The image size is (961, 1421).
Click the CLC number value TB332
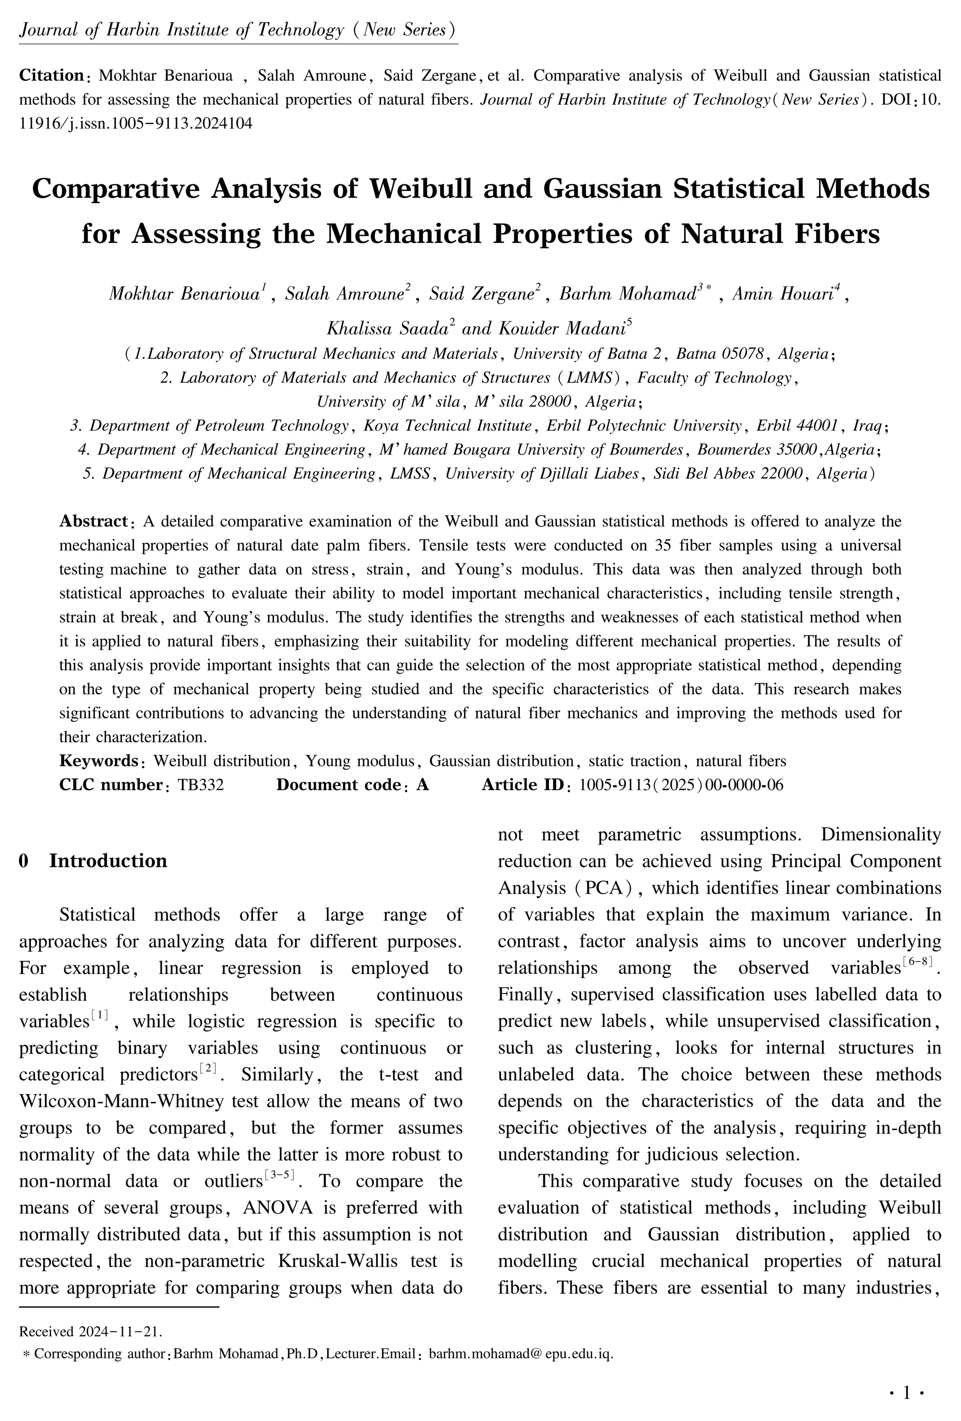pos(201,784)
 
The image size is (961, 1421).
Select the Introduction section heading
pos(107,860)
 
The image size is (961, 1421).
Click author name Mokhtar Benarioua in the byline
pos(185,294)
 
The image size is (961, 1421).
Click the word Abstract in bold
pos(92,522)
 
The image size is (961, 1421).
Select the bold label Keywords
pos(98,761)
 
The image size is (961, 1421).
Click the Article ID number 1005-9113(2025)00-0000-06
pos(680,784)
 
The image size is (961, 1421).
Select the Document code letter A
pos(422,784)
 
